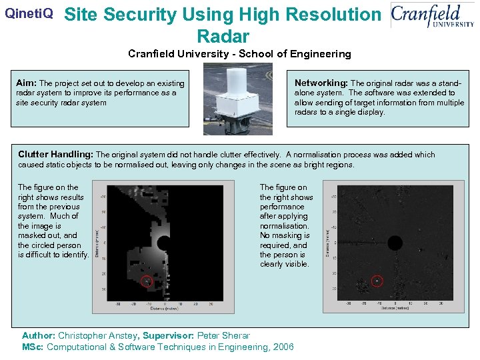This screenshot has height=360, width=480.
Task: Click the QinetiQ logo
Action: click(29, 13)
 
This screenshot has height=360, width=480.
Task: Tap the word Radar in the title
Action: click(223, 36)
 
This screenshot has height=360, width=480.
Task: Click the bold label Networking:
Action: click(321, 83)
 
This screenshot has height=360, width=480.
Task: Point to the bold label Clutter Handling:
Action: click(57, 155)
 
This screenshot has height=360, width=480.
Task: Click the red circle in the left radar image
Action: click(148, 282)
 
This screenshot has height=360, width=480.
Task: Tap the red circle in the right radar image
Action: click(377, 282)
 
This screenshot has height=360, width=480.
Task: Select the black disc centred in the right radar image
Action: click(395, 242)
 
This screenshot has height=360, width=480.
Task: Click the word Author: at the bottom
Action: click(39, 336)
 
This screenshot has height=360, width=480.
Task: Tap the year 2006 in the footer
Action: click(280, 347)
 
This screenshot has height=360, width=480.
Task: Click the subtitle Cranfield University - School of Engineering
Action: click(239, 54)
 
